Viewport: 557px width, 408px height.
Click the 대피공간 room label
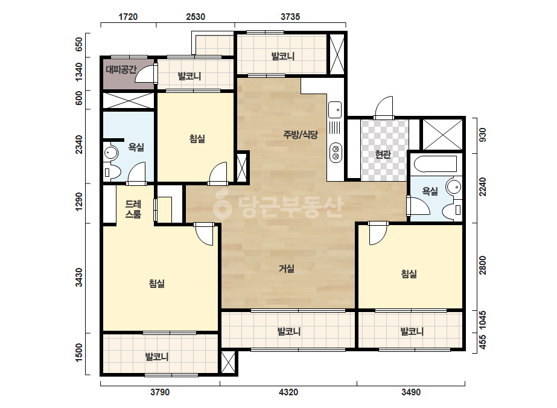121,69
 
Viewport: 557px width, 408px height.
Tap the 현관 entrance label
383,155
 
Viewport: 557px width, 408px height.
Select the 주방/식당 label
301,135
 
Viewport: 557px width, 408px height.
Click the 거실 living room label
287,269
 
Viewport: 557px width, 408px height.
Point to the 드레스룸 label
133,209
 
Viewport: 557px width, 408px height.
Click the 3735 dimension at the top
290,17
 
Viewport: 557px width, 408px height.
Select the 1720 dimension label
128,17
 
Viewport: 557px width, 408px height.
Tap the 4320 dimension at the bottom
288,392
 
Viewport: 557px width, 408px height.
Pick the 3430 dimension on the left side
79,278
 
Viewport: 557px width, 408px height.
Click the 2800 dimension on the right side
482,265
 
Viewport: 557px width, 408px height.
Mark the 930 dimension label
482,135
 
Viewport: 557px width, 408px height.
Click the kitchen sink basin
335,110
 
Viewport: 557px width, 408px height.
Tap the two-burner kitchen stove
336,153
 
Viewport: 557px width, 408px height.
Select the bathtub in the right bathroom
436,164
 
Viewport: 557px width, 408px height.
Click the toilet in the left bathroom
110,173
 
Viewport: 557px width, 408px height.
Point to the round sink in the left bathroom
111,153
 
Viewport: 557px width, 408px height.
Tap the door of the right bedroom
378,234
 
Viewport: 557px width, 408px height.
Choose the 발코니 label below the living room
289,331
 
